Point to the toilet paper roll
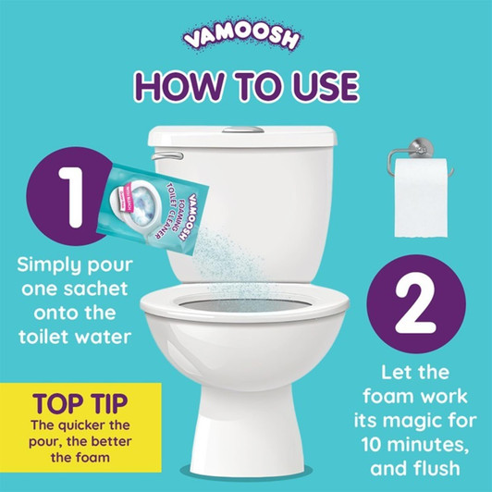(418, 200)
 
